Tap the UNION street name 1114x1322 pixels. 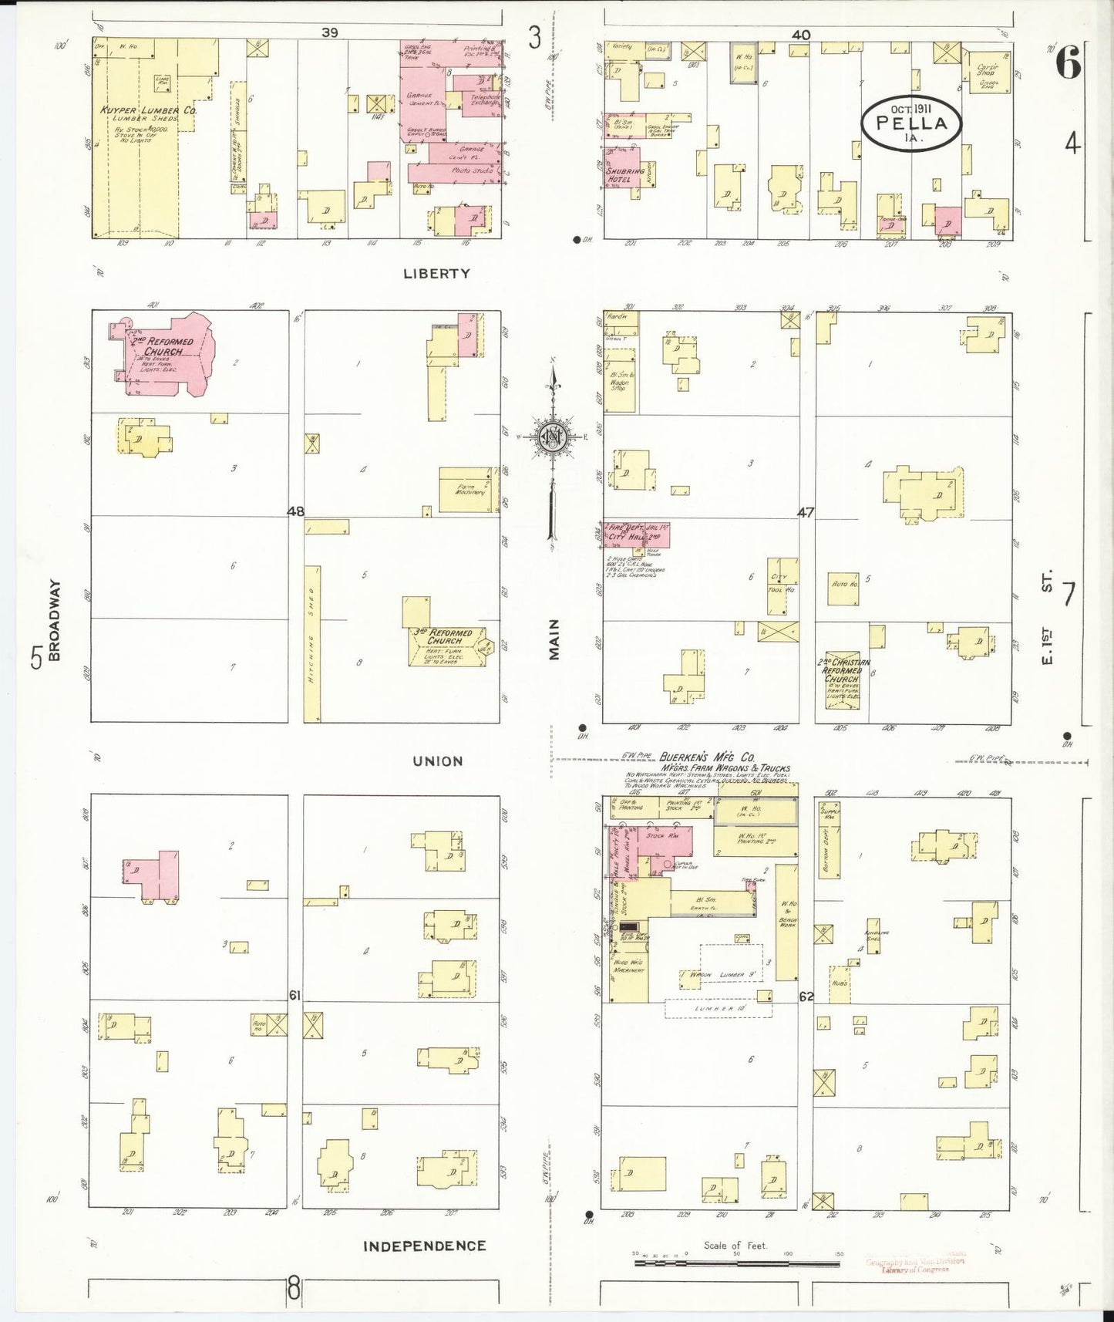point(437,761)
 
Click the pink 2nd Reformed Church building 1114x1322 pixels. point(166,356)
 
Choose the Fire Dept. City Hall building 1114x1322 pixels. point(636,534)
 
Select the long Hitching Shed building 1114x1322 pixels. point(312,644)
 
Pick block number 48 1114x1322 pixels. point(295,511)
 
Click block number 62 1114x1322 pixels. point(806,997)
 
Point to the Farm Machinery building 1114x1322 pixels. point(466,489)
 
